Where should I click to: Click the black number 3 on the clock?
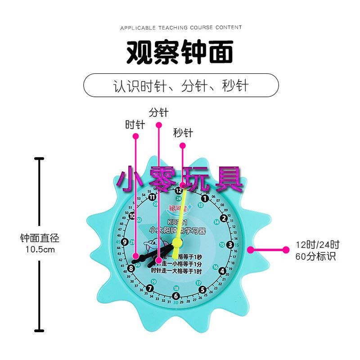[230, 245]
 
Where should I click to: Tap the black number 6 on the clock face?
[176, 296]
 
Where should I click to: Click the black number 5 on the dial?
[202, 289]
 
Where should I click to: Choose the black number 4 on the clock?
[222, 271]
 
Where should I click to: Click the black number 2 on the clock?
[224, 219]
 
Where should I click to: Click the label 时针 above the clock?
[135, 125]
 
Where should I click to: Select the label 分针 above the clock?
[158, 112]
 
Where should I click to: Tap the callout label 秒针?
[183, 133]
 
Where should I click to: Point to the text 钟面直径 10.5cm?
[40, 243]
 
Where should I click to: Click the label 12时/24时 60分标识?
[317, 251]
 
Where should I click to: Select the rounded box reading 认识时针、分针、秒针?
[181, 85]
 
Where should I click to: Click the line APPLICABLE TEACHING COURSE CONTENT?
[181, 28]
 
